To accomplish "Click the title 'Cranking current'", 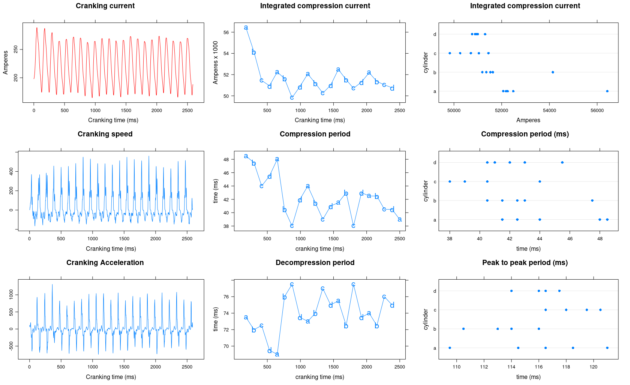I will click(x=105, y=6).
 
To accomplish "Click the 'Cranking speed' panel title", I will click(x=105, y=134).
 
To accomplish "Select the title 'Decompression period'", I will click(x=315, y=262).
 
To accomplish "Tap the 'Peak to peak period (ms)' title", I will click(x=525, y=262).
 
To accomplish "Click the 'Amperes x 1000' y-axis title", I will click(x=216, y=62).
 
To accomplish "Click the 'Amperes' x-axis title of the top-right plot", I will click(x=528, y=120).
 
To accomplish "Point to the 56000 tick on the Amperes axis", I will click(x=597, y=110).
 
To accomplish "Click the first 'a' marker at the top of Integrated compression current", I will click(x=246, y=27).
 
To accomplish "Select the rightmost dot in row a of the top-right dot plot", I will click(x=607, y=91).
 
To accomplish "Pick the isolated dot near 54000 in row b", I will click(x=553, y=72).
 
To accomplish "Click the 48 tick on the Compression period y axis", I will click(x=226, y=159).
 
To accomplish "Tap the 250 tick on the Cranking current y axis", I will click(x=16, y=49).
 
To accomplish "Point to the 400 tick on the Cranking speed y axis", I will click(x=11, y=171).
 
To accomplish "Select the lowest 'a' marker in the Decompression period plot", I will click(x=277, y=354).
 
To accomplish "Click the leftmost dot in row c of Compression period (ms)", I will click(x=450, y=181).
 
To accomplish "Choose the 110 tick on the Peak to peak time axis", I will click(x=456, y=367).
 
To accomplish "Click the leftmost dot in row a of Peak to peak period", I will click(x=450, y=348).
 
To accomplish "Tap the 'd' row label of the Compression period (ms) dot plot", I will click(x=435, y=163).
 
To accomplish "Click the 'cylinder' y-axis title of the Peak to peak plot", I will click(x=426, y=319).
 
